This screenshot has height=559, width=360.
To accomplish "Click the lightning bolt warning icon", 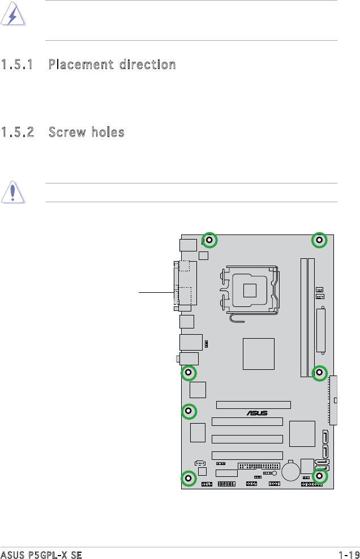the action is (13, 14).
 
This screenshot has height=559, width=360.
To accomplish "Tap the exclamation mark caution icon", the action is (13, 192).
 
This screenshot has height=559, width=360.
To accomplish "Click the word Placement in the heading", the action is (81, 65).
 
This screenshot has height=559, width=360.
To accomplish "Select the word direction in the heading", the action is (148, 65).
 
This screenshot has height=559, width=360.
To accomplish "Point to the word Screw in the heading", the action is (67, 133).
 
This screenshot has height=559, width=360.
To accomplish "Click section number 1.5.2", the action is (18, 133).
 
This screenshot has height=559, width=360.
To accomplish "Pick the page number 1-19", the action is (349, 554).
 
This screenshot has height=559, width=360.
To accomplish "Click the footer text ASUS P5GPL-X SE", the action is (41, 554).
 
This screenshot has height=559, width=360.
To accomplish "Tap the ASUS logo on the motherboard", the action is (257, 413).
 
